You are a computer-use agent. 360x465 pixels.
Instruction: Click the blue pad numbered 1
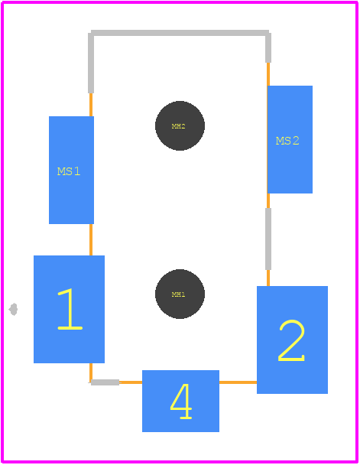(69, 309)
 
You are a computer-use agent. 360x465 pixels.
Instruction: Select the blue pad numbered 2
(292, 340)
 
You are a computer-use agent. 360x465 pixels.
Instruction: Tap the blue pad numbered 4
(180, 401)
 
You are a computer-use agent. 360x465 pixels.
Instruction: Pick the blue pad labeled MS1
(71, 170)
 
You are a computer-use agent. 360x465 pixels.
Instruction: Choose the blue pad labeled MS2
(290, 139)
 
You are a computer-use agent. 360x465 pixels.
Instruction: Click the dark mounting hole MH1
(180, 294)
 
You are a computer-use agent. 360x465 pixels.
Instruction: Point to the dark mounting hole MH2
(180, 125)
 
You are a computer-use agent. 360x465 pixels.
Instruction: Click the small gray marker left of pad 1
(13, 309)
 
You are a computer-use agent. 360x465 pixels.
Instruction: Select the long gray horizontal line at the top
(180, 33)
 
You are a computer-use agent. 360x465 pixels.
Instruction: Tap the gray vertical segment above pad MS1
(91, 63)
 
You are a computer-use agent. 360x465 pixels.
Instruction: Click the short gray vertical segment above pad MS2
(268, 47)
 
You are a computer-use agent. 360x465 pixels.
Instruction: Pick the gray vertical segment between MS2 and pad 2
(268, 239)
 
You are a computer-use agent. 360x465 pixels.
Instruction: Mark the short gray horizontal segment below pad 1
(105, 382)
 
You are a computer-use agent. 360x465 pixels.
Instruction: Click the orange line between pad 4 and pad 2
(238, 382)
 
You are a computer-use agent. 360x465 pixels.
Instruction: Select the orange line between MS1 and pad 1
(91, 239)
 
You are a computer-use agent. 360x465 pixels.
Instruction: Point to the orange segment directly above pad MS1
(91, 105)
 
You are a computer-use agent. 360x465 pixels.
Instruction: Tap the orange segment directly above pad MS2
(268, 74)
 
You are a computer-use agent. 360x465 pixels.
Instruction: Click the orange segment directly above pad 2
(268, 278)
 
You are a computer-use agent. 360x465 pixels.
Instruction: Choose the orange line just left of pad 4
(131, 382)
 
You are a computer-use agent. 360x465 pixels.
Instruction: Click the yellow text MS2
(287, 141)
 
